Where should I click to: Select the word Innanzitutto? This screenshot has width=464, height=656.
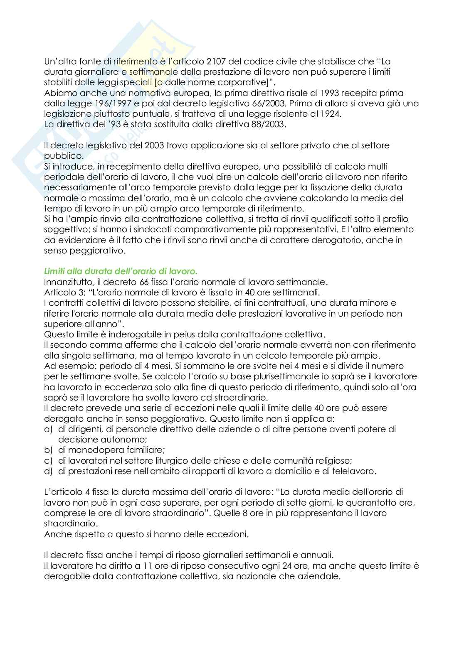(67, 282)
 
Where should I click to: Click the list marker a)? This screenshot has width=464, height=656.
(48, 429)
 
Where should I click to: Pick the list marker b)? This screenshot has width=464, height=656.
(48, 450)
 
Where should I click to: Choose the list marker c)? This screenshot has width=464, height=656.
(48, 460)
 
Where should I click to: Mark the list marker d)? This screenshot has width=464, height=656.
(48, 471)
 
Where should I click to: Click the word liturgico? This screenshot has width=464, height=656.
(157, 460)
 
